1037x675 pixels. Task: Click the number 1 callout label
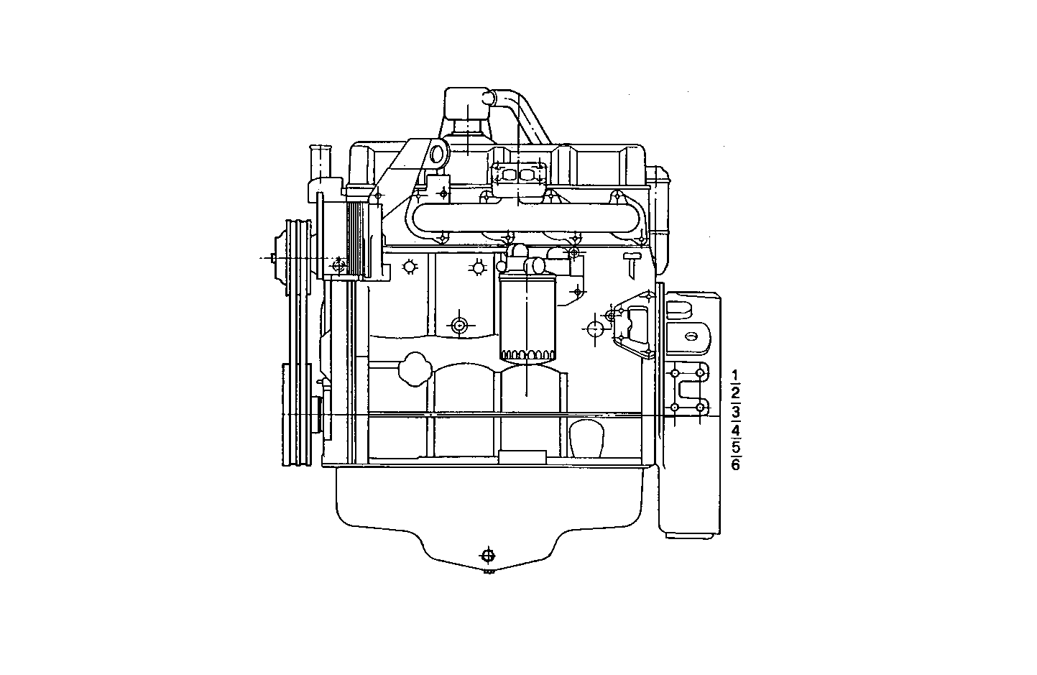734,375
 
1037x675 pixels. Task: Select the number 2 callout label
734,393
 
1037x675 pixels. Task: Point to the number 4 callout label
735,431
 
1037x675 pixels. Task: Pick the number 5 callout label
735,447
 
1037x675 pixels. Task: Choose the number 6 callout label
735,464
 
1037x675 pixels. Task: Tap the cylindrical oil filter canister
527,316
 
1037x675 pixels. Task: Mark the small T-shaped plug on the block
632,261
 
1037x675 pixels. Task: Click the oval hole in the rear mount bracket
691,336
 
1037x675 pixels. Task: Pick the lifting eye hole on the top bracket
435,154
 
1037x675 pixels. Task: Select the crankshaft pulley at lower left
296,417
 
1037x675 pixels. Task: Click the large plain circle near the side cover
595,329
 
